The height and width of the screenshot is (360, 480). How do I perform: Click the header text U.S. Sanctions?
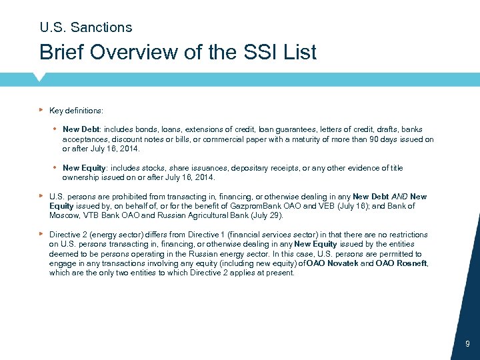(85, 27)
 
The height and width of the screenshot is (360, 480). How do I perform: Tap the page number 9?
(467, 344)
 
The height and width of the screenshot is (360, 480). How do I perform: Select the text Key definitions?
(76, 111)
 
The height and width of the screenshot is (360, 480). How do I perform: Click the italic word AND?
(399, 197)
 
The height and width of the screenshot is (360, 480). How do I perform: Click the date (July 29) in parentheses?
(265, 216)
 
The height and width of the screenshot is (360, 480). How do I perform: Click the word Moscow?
(64, 216)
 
